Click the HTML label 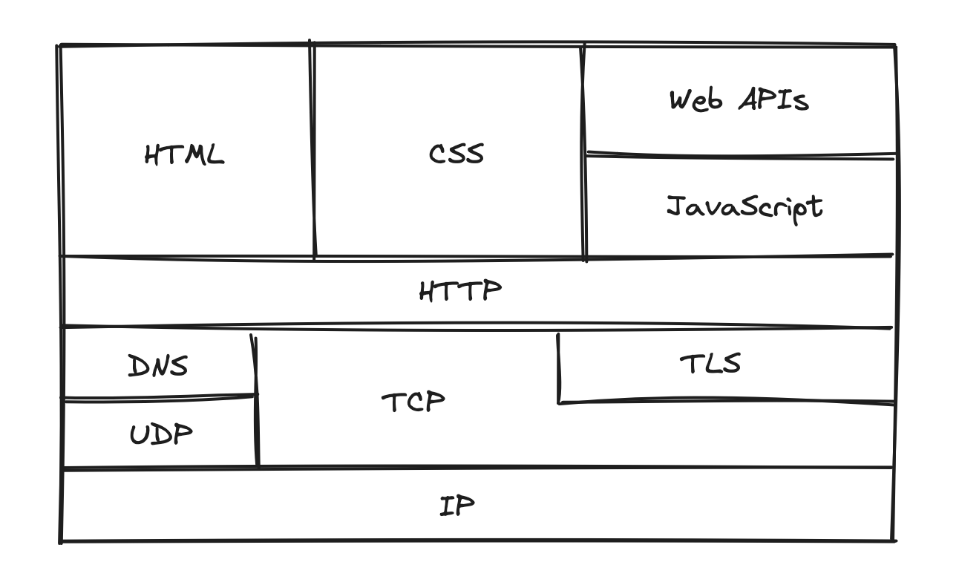tap(183, 154)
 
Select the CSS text tap(456, 154)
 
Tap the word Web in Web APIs tap(695, 99)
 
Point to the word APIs tap(773, 99)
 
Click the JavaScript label tap(744, 207)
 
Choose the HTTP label tap(460, 290)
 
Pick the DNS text tap(158, 365)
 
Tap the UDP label tap(161, 434)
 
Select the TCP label tap(413, 402)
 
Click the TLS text tap(710, 363)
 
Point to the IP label tap(457, 506)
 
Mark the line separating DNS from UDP tap(159, 398)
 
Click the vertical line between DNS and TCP tap(256, 401)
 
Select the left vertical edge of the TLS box tap(558, 368)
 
